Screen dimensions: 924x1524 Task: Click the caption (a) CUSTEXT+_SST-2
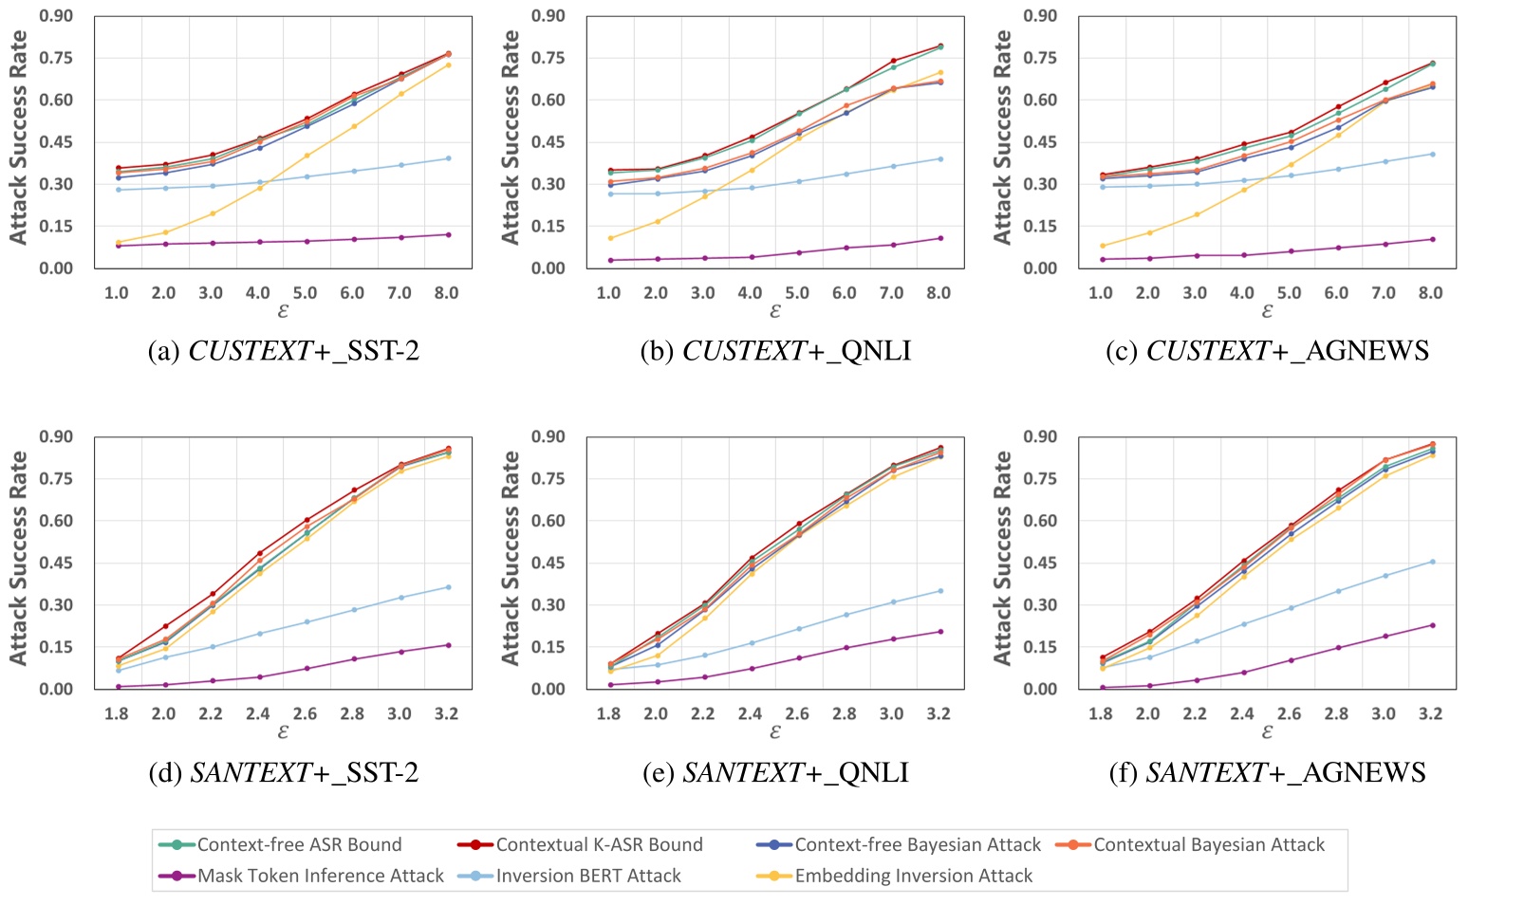tap(284, 351)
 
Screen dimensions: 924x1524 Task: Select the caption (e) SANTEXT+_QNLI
tap(775, 773)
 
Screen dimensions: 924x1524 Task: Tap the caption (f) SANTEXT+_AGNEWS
tap(1267, 773)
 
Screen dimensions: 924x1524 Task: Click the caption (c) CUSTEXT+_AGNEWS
tap(1267, 351)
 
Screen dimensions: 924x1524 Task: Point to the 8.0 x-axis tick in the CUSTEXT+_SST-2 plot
tap(446, 293)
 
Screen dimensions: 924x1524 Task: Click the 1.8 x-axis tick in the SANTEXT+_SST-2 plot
tap(117, 713)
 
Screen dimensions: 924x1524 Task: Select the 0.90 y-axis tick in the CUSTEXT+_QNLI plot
tap(548, 16)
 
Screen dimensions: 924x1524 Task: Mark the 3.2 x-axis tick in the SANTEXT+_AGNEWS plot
tap(1430, 713)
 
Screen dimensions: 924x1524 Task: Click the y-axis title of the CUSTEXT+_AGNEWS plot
tap(1002, 138)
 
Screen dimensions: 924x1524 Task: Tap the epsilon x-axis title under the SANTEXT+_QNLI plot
tap(775, 732)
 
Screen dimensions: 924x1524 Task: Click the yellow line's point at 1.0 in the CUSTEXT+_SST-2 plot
tap(118, 242)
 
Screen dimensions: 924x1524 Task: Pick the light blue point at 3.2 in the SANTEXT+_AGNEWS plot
tap(1432, 562)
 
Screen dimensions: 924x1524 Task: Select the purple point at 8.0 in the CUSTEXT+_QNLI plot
tap(939, 238)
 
